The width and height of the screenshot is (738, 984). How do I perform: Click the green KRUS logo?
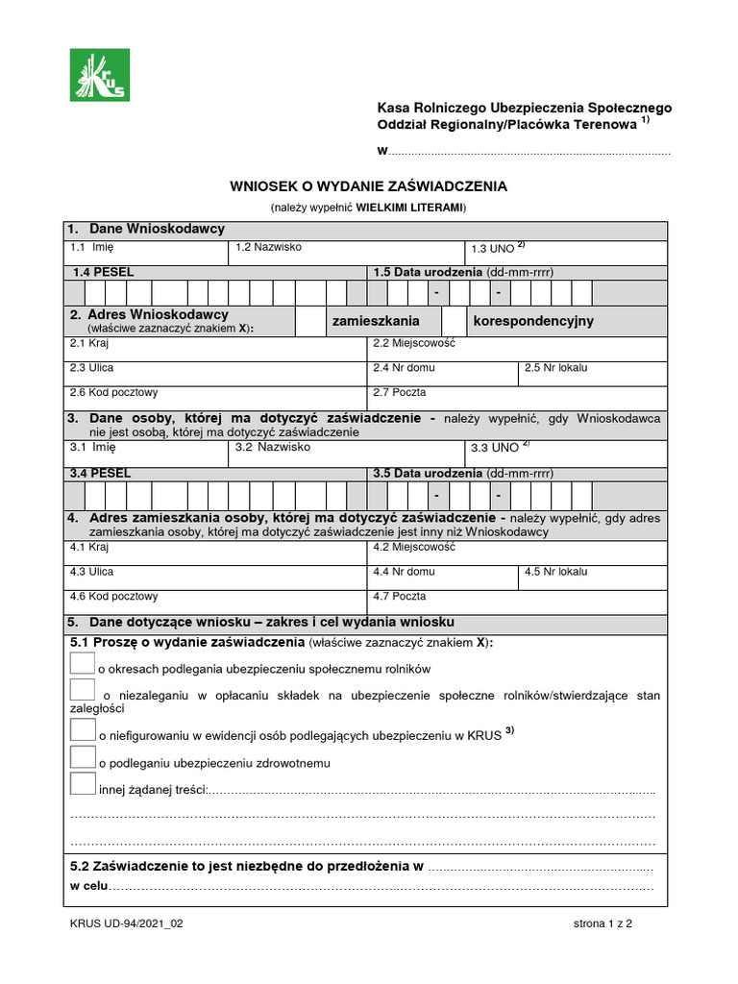point(99,75)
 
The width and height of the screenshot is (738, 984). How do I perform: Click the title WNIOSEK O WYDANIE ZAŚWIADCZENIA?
point(367,185)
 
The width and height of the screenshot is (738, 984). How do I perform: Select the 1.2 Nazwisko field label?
point(269,248)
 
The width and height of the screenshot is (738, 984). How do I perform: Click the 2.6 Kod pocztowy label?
point(113,392)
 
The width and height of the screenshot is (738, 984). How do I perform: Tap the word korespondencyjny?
point(533,321)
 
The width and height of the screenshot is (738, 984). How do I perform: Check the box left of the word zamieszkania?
point(309,321)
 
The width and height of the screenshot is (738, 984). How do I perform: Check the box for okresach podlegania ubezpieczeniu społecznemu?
point(83,663)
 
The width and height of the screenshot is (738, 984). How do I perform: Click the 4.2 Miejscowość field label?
point(413,547)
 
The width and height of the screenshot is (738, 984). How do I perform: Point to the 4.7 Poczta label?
point(399,596)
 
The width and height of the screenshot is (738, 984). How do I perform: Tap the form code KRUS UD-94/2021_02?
point(126,924)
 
